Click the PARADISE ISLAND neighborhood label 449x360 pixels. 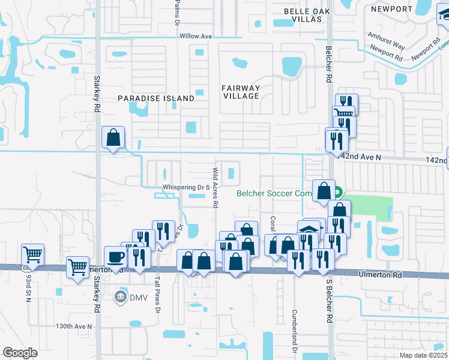click(x=156, y=98)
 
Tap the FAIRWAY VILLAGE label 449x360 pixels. click(x=241, y=92)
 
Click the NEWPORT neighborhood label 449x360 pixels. click(x=392, y=9)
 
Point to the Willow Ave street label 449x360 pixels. click(x=196, y=37)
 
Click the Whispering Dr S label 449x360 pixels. click(x=185, y=188)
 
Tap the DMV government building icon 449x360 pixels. click(x=120, y=296)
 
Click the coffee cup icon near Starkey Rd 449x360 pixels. click(x=116, y=257)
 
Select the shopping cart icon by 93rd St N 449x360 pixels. click(x=32, y=254)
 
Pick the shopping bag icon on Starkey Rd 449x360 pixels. click(x=113, y=137)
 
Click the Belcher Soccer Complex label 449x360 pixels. click(x=275, y=193)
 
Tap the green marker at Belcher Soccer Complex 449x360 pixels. click(x=338, y=193)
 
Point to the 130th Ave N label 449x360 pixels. click(x=73, y=326)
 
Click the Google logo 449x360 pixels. click(x=20, y=353)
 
